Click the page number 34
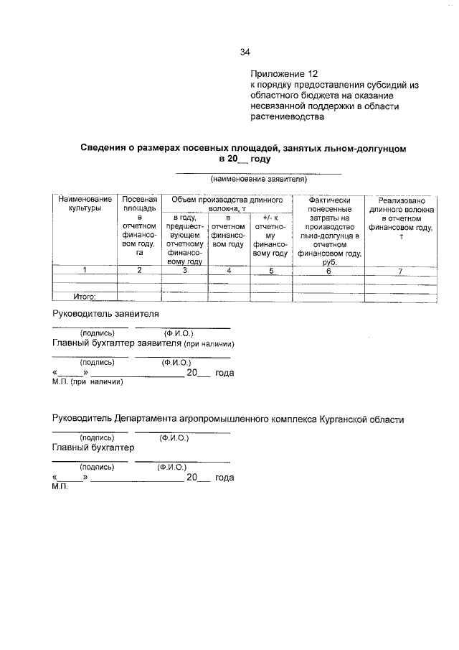(245, 52)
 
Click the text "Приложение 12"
(283, 73)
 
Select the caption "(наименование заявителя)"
(258, 179)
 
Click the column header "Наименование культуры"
(85, 203)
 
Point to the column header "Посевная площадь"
(140, 203)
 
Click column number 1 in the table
(85, 270)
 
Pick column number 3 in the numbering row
(185, 270)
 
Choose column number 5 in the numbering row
(271, 270)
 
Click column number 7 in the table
(402, 270)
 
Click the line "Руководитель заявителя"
(105, 314)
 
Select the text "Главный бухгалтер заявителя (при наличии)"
(144, 343)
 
